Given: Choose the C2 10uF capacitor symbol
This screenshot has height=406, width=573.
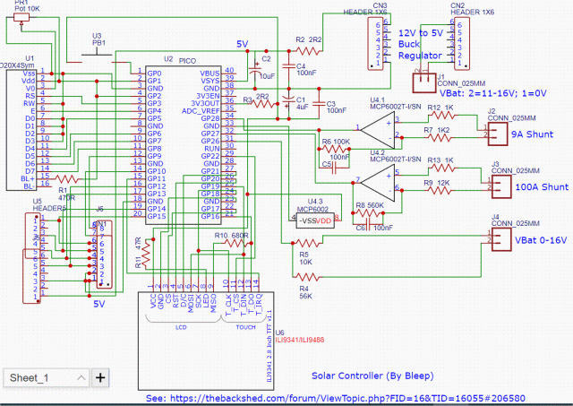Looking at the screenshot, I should tap(252, 64).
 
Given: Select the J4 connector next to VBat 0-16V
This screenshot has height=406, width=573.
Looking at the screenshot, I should tap(498, 239).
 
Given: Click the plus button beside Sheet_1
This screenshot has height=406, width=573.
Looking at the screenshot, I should tap(100, 377).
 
